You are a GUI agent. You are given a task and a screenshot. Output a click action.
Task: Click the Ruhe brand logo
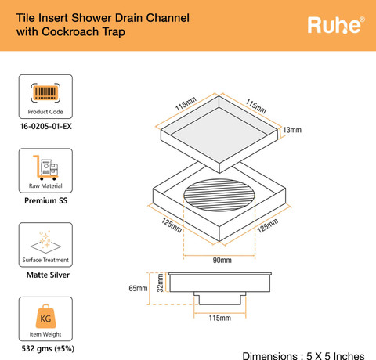pos(336,25)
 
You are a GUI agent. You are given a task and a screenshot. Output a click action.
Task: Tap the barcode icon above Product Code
pos(45,92)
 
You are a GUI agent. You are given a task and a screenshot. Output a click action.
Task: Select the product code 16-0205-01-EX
pos(46,126)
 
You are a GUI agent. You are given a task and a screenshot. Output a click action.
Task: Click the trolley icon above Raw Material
pos(45,167)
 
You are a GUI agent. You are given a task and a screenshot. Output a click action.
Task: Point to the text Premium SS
pos(46,200)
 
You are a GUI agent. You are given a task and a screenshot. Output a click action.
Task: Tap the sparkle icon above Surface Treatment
pos(45,242)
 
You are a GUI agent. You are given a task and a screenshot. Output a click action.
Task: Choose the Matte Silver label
pos(48,275)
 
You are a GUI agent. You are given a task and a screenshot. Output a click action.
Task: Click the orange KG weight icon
pos(45,316)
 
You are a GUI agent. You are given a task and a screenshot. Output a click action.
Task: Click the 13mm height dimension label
pos(292,130)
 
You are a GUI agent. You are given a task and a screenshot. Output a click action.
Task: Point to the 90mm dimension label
pos(222,260)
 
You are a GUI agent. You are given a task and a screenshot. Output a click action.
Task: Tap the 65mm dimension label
pos(138,288)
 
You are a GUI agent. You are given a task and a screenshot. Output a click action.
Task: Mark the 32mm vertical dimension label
pos(160,283)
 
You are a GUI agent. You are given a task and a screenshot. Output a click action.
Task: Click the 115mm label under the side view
pos(220,318)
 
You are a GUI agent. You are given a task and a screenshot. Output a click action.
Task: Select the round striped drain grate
pos(219,195)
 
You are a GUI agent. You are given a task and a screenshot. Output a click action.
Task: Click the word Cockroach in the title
pos(70,32)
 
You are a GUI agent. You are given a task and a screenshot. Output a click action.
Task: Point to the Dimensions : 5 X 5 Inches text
pos(303,356)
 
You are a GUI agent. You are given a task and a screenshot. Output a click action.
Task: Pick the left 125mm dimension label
pos(172,225)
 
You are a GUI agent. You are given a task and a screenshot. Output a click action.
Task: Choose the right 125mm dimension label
pos(267,226)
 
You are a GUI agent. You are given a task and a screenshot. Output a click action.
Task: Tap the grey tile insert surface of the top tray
pos(219,135)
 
